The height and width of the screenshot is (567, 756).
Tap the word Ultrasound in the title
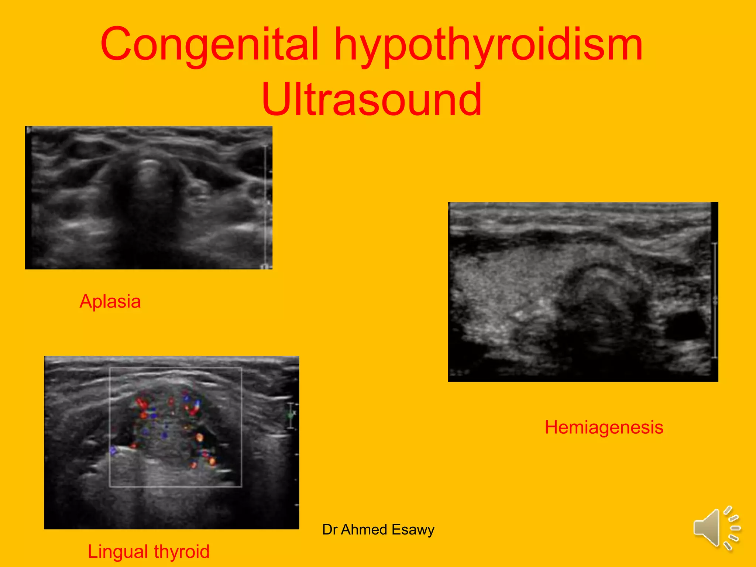coord(372,100)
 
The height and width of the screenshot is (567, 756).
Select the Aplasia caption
coord(110,301)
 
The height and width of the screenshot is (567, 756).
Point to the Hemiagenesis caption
coord(604,427)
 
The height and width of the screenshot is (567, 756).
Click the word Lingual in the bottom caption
coord(118,551)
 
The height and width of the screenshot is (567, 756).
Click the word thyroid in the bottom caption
coord(182,551)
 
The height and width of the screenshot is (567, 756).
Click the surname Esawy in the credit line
coord(413,530)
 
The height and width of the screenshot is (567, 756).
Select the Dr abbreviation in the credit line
coord(330,529)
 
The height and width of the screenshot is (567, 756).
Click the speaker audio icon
coord(716,528)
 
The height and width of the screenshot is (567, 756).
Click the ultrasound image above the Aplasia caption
coord(149,197)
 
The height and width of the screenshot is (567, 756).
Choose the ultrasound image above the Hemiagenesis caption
coord(583,292)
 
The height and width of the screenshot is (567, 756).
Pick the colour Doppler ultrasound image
coord(172,442)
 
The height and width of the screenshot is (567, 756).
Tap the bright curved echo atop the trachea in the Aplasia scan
coord(148,162)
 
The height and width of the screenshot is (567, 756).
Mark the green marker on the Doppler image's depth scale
coord(291,415)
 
